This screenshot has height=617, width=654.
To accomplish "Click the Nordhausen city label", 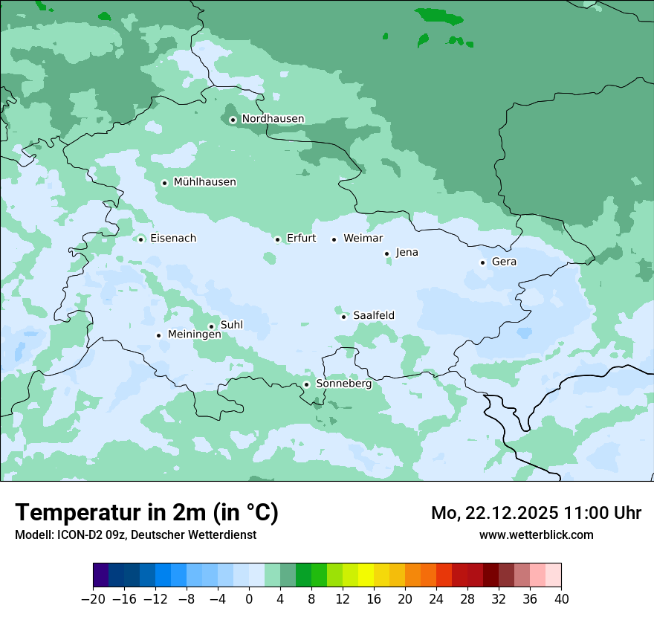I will click(x=273, y=119).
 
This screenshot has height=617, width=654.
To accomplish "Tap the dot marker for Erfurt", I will click(x=277, y=239).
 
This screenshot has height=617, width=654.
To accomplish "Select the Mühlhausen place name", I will click(x=204, y=182).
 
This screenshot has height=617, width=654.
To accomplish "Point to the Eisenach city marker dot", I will click(x=140, y=239).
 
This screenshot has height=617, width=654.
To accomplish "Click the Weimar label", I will click(x=363, y=239).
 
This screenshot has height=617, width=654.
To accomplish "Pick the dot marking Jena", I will click(x=386, y=253).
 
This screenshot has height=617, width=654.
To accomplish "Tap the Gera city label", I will click(x=504, y=262).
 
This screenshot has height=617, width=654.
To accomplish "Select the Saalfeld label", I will click(x=373, y=316).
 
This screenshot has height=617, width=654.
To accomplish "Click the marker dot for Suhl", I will click(x=211, y=326).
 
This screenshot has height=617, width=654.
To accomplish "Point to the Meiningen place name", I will click(x=194, y=335).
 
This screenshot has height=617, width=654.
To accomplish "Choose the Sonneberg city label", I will click(x=343, y=384).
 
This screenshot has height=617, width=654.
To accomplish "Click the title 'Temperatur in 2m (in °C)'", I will click(x=146, y=513).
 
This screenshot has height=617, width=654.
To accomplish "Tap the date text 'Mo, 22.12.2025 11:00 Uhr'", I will click(x=536, y=514).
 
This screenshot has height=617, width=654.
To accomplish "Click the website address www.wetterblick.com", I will click(x=536, y=534).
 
